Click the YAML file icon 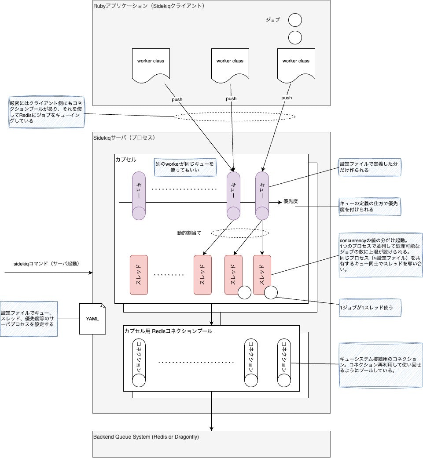tap(92, 318)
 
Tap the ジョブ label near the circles tap(273, 20)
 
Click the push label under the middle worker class tap(231, 98)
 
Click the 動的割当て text tap(190, 233)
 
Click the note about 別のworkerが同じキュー tap(185, 167)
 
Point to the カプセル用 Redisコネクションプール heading tap(168, 331)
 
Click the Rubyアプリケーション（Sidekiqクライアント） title tap(149, 6)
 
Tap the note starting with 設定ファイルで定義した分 tap(369, 167)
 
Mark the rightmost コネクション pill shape tap(284, 363)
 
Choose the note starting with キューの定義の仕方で tap(369, 207)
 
